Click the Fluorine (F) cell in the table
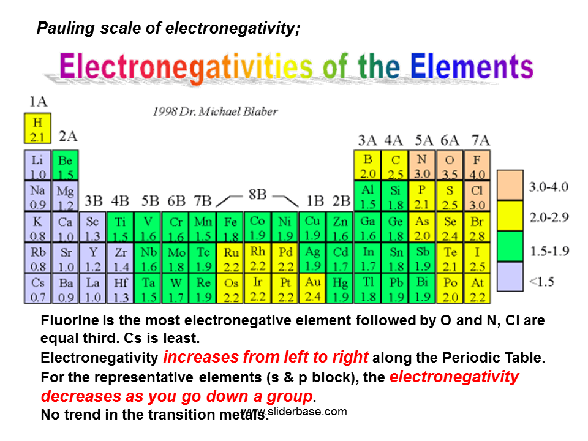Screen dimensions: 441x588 tap(477, 165)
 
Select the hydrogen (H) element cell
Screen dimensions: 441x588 tap(37, 129)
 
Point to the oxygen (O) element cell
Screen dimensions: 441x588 tap(450, 165)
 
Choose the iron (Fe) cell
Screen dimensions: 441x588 tap(231, 227)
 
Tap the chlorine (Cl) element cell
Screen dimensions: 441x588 tap(477, 196)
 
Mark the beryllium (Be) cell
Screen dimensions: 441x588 tap(65, 165)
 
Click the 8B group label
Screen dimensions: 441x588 tap(257, 195)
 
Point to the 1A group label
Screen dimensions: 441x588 tap(38, 101)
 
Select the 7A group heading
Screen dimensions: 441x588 tap(480, 140)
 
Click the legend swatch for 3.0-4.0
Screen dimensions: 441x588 tap(510, 185)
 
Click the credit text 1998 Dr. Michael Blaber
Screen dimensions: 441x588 tap(215, 111)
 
